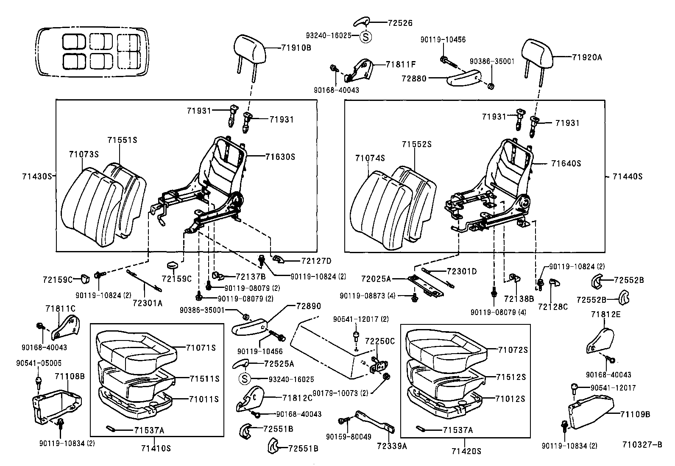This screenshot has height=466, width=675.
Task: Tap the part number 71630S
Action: click(280, 157)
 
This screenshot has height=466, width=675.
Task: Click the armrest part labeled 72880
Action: click(466, 78)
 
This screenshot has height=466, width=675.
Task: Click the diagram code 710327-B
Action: click(642, 445)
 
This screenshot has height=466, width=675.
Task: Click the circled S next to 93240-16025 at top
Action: click(365, 36)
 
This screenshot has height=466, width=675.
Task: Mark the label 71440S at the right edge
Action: click(628, 177)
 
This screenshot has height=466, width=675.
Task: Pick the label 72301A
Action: click(147, 303)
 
